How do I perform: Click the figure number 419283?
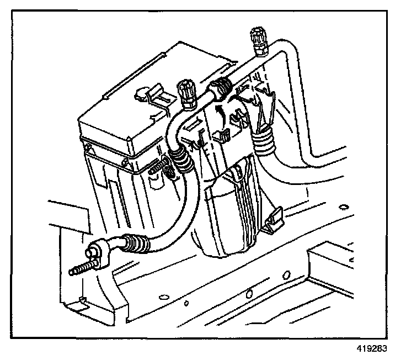click(371, 348)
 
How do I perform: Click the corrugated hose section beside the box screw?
click(179, 160)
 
